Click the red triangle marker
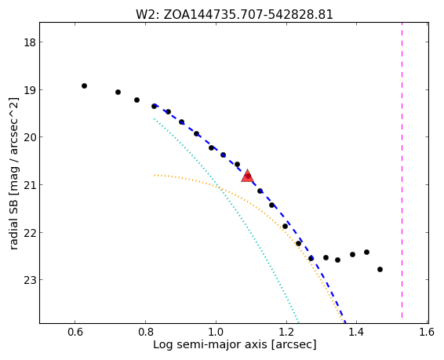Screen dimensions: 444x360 click(x=247, y=176)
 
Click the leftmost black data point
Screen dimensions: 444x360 click(x=84, y=85)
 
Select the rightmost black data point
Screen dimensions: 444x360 click(x=380, y=270)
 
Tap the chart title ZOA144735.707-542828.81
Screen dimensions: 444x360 click(x=249, y=15)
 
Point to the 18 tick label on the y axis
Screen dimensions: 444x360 click(x=30, y=42)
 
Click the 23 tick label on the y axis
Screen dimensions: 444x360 click(x=30, y=280)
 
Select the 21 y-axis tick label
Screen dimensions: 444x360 click(x=30, y=185)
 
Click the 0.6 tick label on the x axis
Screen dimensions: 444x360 click(x=75, y=332)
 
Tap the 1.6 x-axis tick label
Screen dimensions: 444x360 click(x=427, y=332)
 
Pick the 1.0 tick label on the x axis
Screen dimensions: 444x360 click(x=216, y=332)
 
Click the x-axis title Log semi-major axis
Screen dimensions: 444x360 click(x=209, y=345)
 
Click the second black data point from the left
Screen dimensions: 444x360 click(x=118, y=92)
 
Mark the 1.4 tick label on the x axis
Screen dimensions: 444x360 click(x=356, y=332)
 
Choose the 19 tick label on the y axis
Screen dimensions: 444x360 click(x=30, y=90)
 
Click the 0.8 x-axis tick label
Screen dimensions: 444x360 click(x=145, y=332)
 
